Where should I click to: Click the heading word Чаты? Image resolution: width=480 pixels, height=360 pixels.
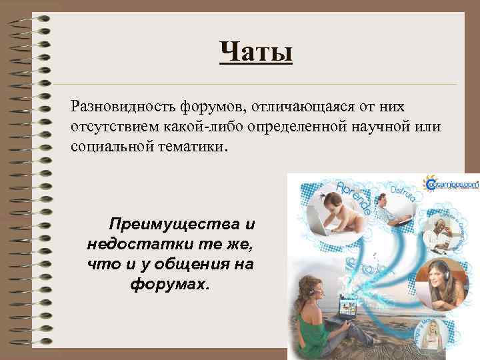(256, 51)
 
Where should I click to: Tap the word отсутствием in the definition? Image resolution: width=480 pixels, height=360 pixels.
(110, 127)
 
